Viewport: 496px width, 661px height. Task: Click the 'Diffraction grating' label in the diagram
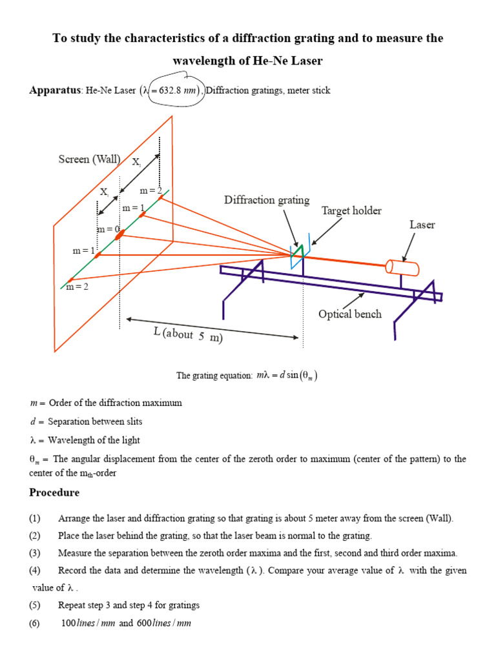pyautogui.click(x=267, y=200)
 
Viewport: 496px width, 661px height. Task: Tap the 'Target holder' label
pyautogui.click(x=351, y=211)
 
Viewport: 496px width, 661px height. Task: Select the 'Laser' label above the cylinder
pyautogui.click(x=422, y=225)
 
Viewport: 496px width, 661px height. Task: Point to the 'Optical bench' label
pyautogui.click(x=349, y=314)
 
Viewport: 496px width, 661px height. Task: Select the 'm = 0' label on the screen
pyautogui.click(x=108, y=229)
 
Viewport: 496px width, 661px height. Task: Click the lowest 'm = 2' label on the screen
pyautogui.click(x=77, y=287)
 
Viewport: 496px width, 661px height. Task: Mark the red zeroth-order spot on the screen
pyautogui.click(x=120, y=236)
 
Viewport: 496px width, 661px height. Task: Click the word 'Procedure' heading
pyautogui.click(x=54, y=493)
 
